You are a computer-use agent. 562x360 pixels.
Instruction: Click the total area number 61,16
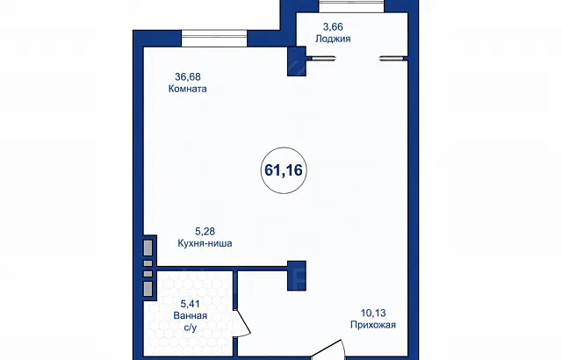tap(284, 170)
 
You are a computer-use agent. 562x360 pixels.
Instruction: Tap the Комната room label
tap(187, 89)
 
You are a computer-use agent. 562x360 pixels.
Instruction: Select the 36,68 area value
tap(187, 76)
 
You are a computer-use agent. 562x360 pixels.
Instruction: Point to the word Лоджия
tap(333, 39)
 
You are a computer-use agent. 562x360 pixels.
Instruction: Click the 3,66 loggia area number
tap(333, 27)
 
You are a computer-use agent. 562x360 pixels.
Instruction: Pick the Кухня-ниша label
tap(205, 243)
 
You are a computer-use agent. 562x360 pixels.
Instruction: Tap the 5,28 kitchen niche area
tap(205, 232)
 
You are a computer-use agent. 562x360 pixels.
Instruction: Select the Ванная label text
tap(190, 315)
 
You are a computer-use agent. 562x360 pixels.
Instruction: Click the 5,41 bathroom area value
tap(190, 304)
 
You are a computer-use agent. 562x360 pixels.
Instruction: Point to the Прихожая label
tap(373, 325)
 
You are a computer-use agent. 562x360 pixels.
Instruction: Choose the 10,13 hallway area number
tap(373, 313)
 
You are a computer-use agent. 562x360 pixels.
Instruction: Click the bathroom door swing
tap(242, 323)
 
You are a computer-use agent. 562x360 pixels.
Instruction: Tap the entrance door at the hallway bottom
tap(328, 350)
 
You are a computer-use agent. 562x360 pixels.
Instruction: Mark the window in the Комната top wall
tap(214, 39)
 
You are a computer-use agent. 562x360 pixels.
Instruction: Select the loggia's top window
tap(351, 6)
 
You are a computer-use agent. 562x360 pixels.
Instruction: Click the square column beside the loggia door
tap(297, 61)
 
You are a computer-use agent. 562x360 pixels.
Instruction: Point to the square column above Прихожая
tap(297, 276)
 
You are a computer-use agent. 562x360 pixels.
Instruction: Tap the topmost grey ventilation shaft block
tap(148, 248)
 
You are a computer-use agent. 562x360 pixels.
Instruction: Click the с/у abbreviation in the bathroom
tap(191, 328)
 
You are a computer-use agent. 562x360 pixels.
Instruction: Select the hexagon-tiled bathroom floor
tap(188, 313)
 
